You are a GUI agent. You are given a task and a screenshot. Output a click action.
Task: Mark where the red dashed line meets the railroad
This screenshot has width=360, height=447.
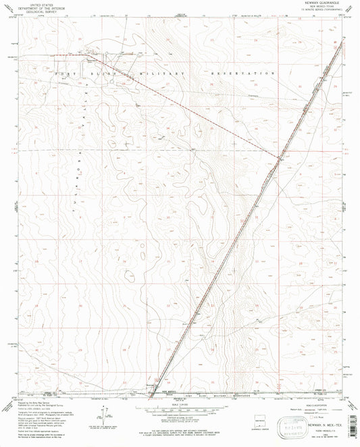pos(278,159)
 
